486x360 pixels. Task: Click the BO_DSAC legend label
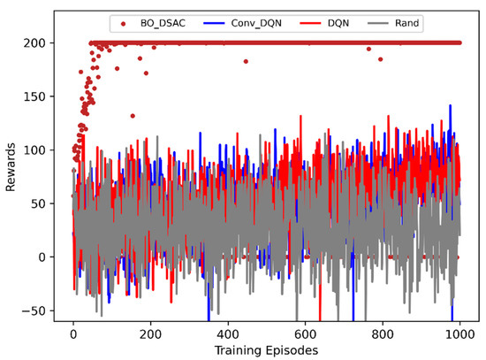click(x=163, y=22)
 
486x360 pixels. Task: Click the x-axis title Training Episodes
click(x=266, y=349)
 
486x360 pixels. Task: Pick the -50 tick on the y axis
click(x=37, y=310)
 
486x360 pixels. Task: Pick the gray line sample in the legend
click(x=373, y=22)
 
